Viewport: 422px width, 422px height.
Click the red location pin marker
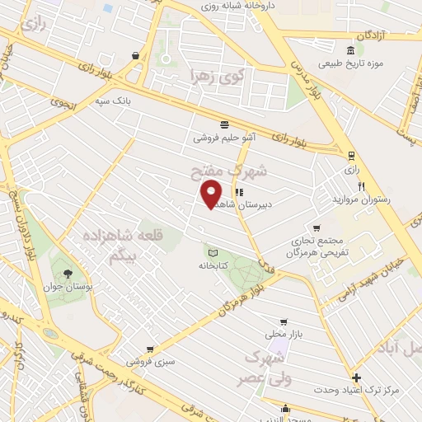[211, 193]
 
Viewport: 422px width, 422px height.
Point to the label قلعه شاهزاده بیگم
[131, 245]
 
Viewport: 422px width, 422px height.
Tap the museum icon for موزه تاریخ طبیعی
[350, 50]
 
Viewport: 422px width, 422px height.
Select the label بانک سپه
[113, 101]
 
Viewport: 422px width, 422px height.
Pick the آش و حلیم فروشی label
[224, 138]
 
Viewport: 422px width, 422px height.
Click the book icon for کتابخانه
[213, 252]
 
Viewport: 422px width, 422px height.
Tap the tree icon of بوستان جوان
[68, 274]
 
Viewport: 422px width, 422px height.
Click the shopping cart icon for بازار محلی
[284, 321]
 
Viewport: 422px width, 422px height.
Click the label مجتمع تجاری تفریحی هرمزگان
[317, 246]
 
